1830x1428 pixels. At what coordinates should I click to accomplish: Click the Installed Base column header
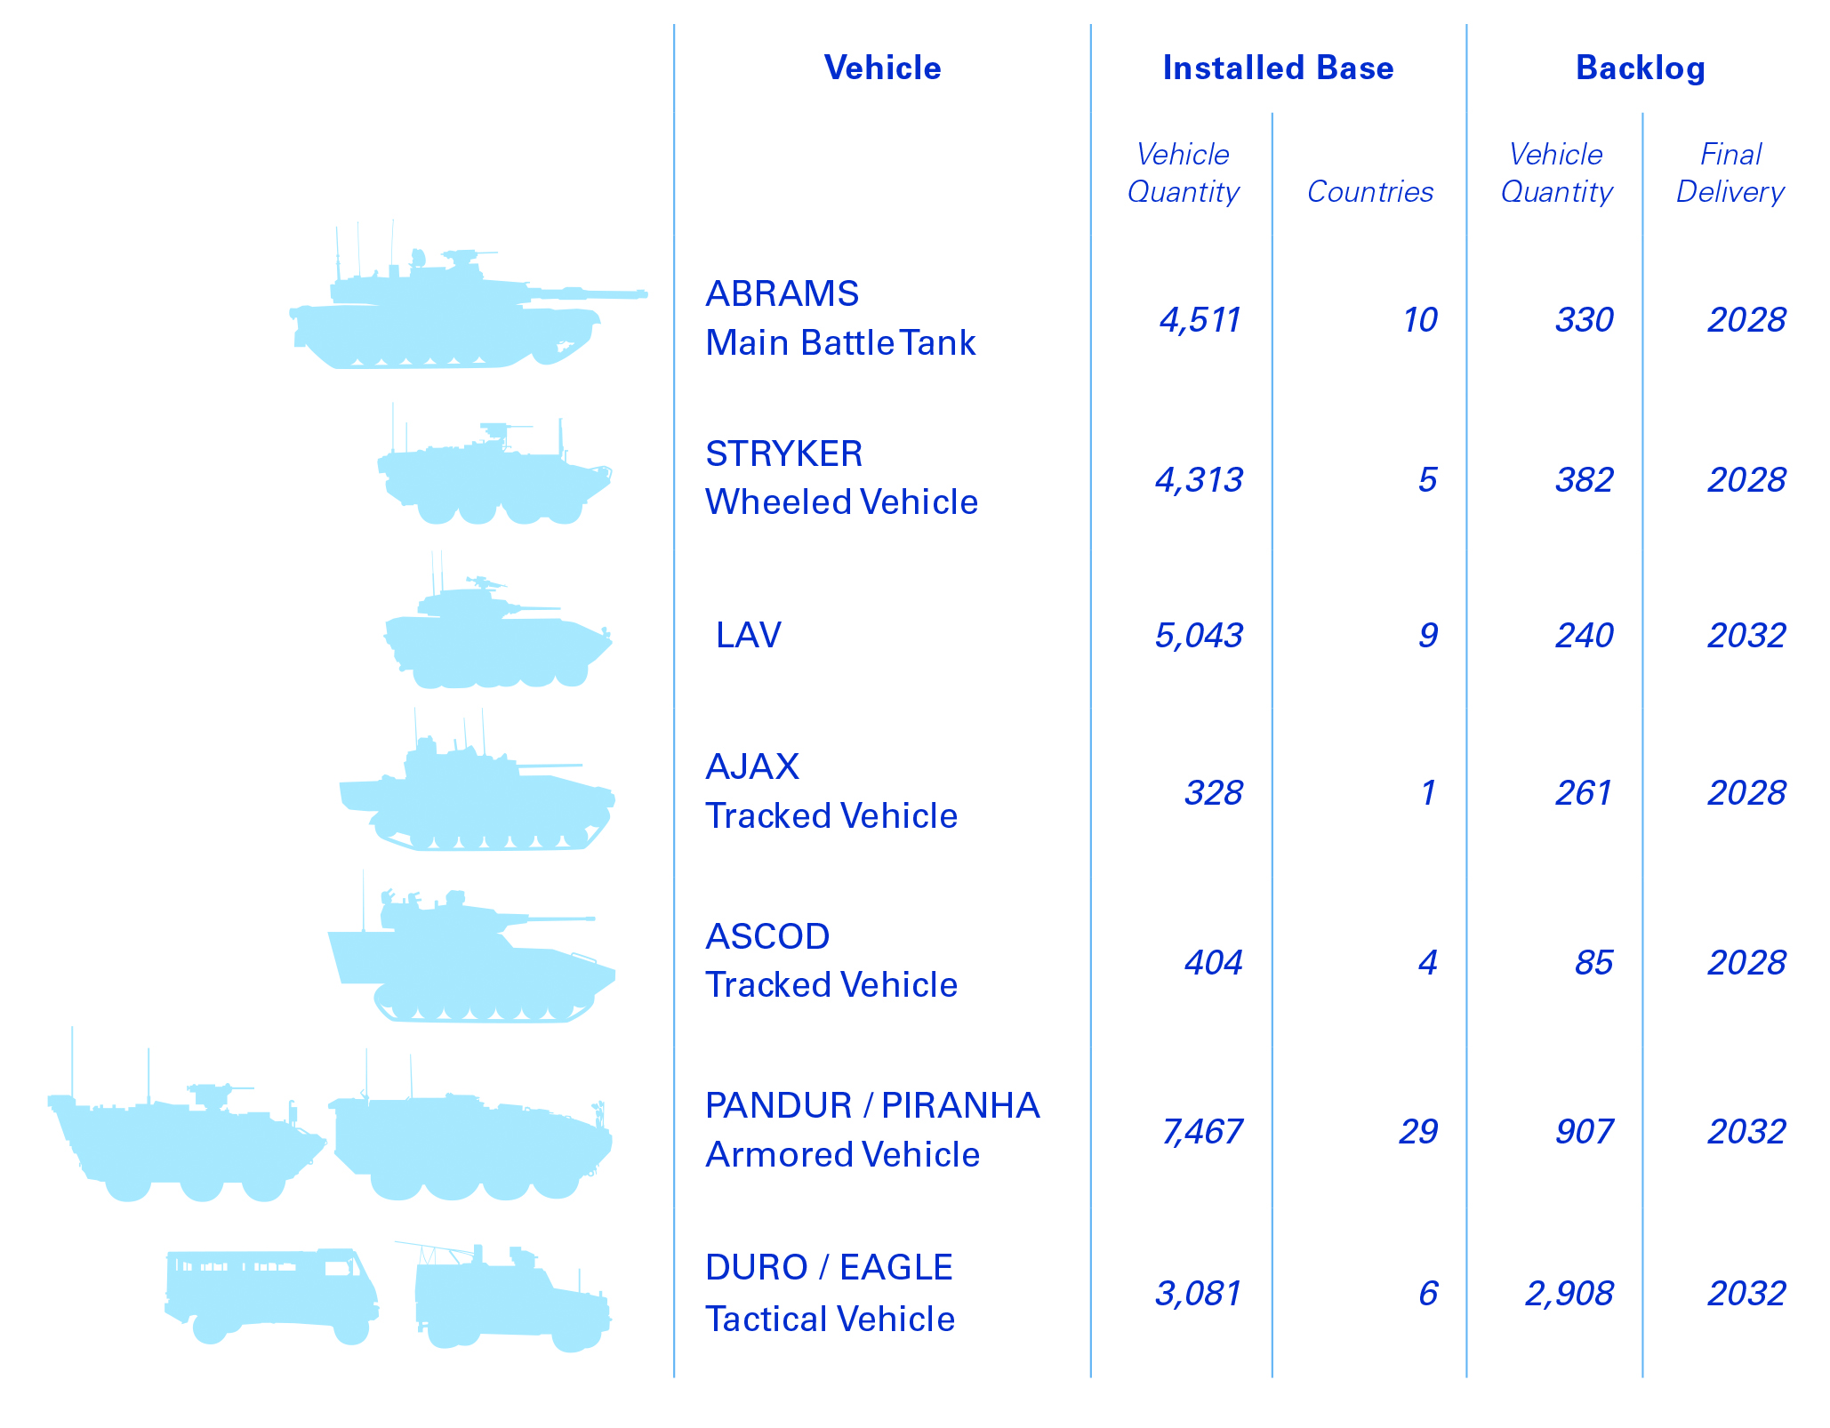pos(1278,68)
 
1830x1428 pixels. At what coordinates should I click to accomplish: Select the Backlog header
pos(1640,68)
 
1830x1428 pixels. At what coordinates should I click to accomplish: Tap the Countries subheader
pos(1369,191)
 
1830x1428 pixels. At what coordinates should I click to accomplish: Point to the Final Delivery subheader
pos(1730,173)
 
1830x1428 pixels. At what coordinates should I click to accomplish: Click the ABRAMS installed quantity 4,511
pos(1200,320)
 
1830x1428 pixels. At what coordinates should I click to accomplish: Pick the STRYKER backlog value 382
pos(1584,480)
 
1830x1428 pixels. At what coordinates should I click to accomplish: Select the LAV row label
pos(748,635)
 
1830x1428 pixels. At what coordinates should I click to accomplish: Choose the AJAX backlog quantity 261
pos(1584,793)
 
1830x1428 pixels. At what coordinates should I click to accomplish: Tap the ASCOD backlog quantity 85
pos(1593,963)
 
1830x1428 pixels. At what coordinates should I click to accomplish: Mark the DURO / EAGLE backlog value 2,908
pos(1569,1294)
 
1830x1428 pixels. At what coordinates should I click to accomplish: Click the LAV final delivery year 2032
pos(1746,636)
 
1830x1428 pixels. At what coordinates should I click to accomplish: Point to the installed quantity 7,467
pos(1201,1132)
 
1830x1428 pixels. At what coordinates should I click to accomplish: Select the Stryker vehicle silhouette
pos(494,476)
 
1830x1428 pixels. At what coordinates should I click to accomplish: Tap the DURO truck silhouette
pos(271,1295)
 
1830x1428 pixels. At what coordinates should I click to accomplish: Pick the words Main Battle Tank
pos(840,343)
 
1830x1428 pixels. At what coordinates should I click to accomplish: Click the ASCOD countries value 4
pos(1427,963)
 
